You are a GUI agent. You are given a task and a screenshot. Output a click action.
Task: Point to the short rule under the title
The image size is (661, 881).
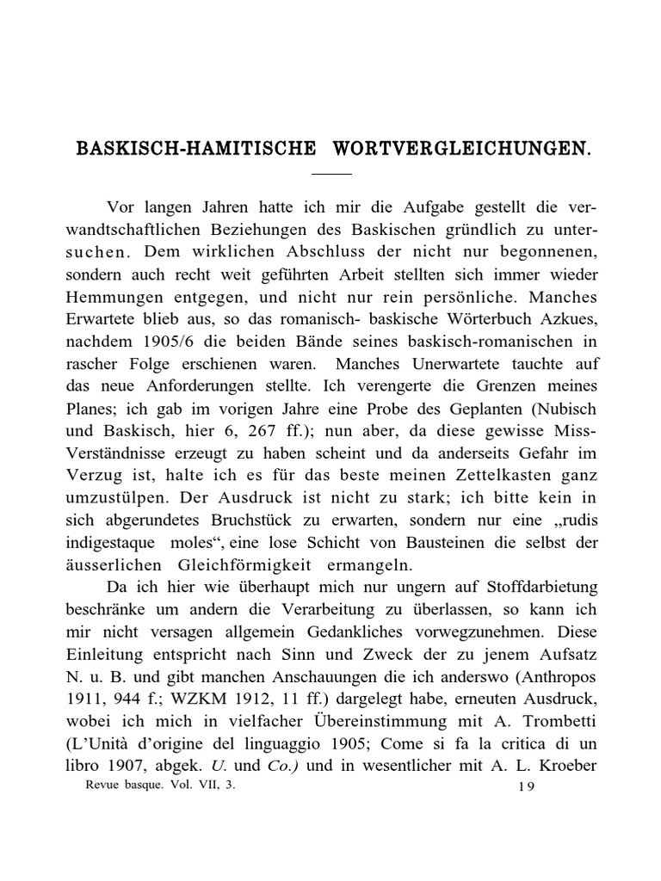click(331, 174)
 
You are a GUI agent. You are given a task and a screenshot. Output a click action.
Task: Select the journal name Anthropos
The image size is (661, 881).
click(555, 678)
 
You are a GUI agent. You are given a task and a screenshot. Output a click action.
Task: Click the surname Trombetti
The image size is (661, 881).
click(554, 723)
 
